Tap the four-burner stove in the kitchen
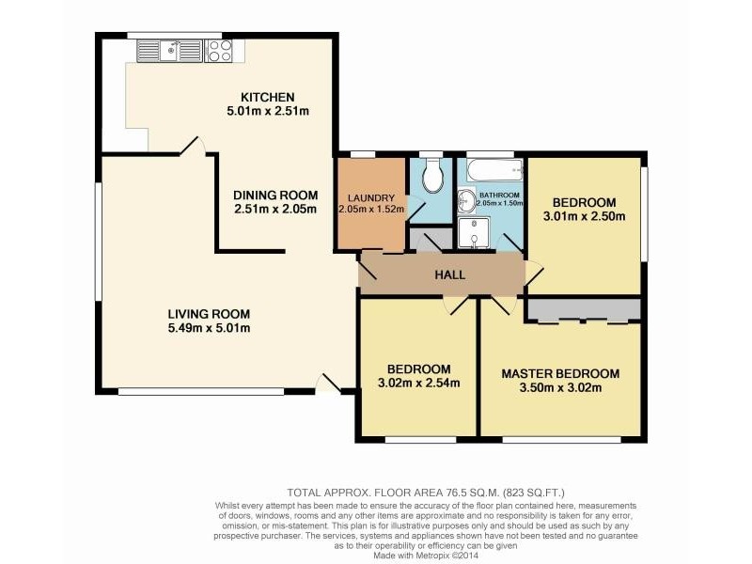(219, 50)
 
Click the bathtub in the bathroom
(491, 170)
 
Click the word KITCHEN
(268, 97)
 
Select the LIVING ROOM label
(209, 314)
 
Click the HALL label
(449, 274)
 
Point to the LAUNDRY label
(371, 197)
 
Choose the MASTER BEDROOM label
(560, 372)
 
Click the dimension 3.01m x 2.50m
(584, 216)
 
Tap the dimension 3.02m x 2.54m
(418, 383)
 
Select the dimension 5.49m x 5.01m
(209, 328)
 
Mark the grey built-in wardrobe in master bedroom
(583, 310)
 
